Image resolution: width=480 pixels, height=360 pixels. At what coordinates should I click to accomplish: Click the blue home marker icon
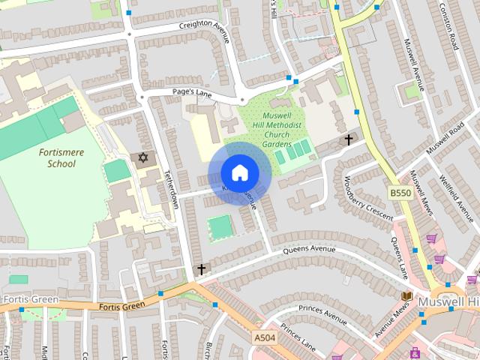(239, 173)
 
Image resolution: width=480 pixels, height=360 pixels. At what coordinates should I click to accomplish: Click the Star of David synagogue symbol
(142, 157)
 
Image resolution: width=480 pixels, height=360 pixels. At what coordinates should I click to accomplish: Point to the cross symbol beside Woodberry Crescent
(348, 139)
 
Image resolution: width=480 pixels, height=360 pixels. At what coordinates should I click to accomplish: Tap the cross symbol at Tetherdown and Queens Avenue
(201, 268)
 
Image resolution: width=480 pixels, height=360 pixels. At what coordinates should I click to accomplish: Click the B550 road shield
(399, 193)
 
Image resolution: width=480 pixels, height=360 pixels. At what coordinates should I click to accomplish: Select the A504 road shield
(265, 339)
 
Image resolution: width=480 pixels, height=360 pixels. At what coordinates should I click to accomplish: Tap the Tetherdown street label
(171, 187)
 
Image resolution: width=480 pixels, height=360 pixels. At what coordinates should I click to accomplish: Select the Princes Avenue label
(322, 314)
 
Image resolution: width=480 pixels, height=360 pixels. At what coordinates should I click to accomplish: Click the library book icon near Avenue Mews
(406, 297)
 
